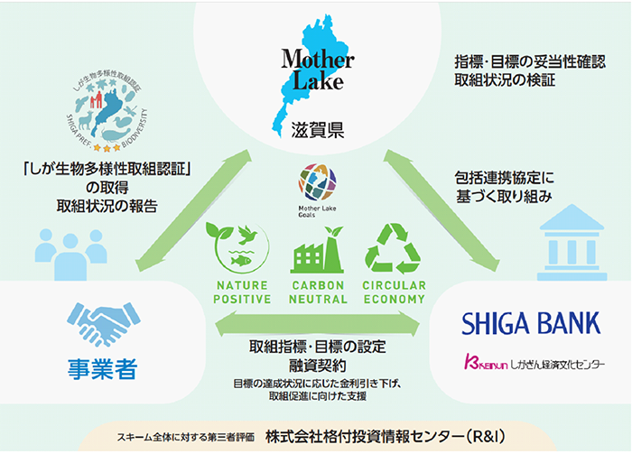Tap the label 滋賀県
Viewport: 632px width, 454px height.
pyautogui.click(x=312, y=132)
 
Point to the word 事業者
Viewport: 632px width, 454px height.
pyautogui.click(x=100, y=369)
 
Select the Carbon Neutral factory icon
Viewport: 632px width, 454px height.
pyautogui.click(x=317, y=250)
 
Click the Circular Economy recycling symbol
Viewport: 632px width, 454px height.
pyautogui.click(x=393, y=248)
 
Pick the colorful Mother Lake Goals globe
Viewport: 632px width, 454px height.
pyautogui.click(x=315, y=183)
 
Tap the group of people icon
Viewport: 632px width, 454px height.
pyautogui.click(x=61, y=248)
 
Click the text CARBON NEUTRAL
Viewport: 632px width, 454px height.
pyautogui.click(x=317, y=292)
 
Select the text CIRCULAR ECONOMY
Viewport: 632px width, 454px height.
pyautogui.click(x=393, y=292)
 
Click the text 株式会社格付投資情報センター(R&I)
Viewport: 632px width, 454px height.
pyautogui.click(x=390, y=434)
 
